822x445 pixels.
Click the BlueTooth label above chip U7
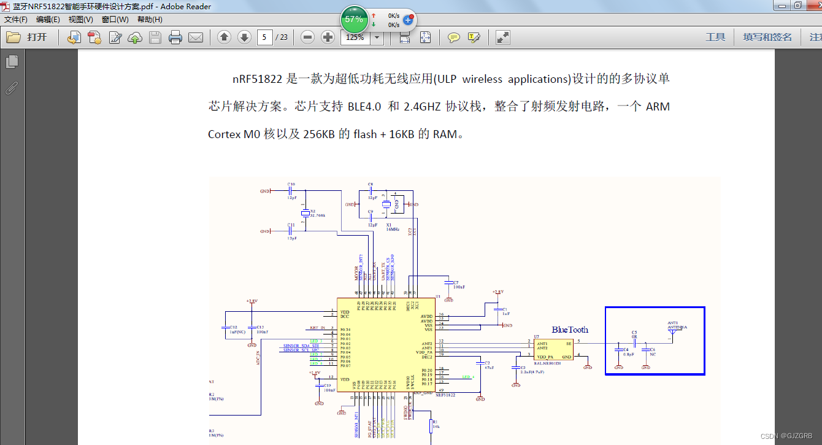click(570, 330)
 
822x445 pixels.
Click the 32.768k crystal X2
click(305, 213)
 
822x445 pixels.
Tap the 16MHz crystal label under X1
click(393, 229)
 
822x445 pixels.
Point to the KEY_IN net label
click(318, 328)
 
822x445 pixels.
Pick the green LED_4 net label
click(468, 376)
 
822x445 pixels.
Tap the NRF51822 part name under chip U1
click(445, 395)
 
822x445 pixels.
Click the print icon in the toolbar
click(175, 37)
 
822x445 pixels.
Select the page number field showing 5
click(264, 37)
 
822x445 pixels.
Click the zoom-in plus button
click(328, 37)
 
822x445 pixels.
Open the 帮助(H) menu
click(150, 20)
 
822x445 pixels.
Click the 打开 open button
click(28, 37)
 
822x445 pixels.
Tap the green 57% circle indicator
click(354, 19)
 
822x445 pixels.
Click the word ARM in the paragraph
click(658, 107)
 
